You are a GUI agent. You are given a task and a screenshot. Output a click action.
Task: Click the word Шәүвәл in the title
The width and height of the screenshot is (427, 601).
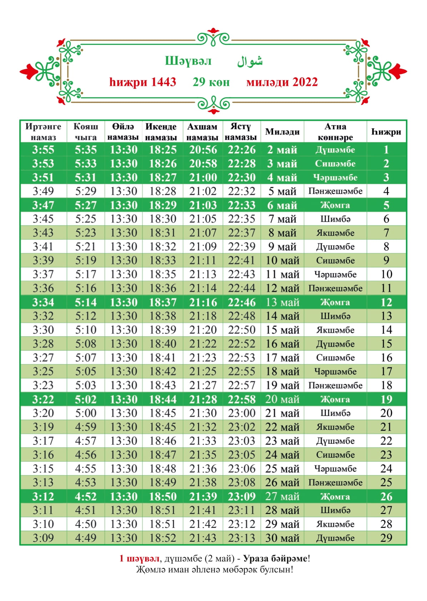188,61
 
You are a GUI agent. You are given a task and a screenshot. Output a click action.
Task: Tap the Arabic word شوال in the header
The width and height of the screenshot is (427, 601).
250,61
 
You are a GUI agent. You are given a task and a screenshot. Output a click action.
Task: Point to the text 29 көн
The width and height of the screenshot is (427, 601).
211,82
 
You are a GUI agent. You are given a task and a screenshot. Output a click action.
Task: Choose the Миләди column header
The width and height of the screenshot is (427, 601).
282,132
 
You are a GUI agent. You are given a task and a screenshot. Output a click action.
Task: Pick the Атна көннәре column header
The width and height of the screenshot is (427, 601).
335,132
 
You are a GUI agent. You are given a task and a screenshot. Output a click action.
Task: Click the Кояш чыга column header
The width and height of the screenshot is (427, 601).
86,132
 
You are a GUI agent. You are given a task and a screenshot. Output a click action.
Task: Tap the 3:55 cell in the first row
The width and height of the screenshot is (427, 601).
43,150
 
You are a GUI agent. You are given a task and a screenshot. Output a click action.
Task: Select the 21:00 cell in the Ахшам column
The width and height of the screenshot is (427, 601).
203,178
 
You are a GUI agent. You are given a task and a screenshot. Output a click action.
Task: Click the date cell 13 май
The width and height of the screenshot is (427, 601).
282,302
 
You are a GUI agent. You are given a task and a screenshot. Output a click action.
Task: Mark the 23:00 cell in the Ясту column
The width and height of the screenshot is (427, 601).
242,413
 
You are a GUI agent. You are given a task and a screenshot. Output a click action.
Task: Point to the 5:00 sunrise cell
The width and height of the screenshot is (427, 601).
86,413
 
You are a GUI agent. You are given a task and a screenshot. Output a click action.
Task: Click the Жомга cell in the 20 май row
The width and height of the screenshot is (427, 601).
335,399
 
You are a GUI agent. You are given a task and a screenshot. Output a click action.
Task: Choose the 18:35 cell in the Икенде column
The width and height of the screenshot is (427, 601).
163,274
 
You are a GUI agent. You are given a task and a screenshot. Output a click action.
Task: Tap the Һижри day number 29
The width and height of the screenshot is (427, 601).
386,538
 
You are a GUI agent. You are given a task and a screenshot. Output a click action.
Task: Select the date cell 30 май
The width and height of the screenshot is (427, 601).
282,538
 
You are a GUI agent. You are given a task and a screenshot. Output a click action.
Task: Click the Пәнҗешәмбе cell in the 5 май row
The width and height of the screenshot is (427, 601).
335,191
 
